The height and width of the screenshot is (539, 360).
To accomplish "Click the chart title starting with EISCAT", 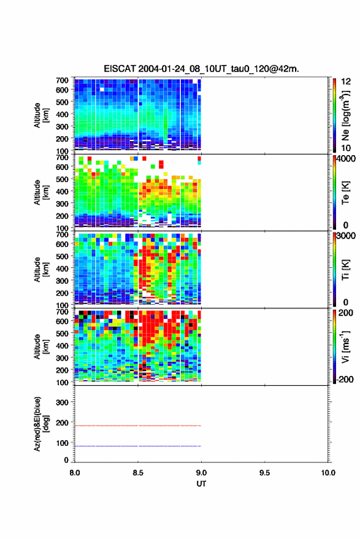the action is (x=202, y=69).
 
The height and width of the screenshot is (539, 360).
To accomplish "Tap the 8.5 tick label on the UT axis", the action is (x=138, y=473).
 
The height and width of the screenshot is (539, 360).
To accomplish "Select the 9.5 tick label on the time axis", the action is (x=264, y=473).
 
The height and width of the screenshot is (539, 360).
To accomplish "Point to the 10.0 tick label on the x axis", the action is (x=328, y=473).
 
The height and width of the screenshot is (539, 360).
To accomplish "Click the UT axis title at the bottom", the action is (x=201, y=484).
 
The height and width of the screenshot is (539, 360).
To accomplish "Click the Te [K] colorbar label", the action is (x=345, y=193).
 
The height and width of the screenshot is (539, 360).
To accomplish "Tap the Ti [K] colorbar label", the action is (x=345, y=270).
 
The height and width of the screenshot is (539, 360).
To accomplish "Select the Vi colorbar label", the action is (x=345, y=347).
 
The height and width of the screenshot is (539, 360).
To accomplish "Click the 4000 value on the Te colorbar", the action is (x=346, y=159).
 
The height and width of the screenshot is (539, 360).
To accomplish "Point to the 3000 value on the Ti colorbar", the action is (x=346, y=236).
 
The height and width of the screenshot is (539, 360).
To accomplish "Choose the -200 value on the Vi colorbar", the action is (x=345, y=379).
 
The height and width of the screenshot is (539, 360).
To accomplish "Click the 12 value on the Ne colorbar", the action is (x=346, y=82).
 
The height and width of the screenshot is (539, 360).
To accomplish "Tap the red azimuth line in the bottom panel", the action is (x=138, y=426).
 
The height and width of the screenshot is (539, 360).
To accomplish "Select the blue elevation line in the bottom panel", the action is (x=138, y=446).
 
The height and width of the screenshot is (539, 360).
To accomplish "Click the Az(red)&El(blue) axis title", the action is (x=40, y=424).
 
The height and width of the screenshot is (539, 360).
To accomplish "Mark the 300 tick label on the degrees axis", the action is (x=62, y=402).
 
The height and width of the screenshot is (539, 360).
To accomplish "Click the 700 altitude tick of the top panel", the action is (x=62, y=80).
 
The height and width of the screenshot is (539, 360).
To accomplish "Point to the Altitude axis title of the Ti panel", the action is (x=40, y=270).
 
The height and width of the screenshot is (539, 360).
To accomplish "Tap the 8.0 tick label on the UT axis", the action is (x=75, y=473).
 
